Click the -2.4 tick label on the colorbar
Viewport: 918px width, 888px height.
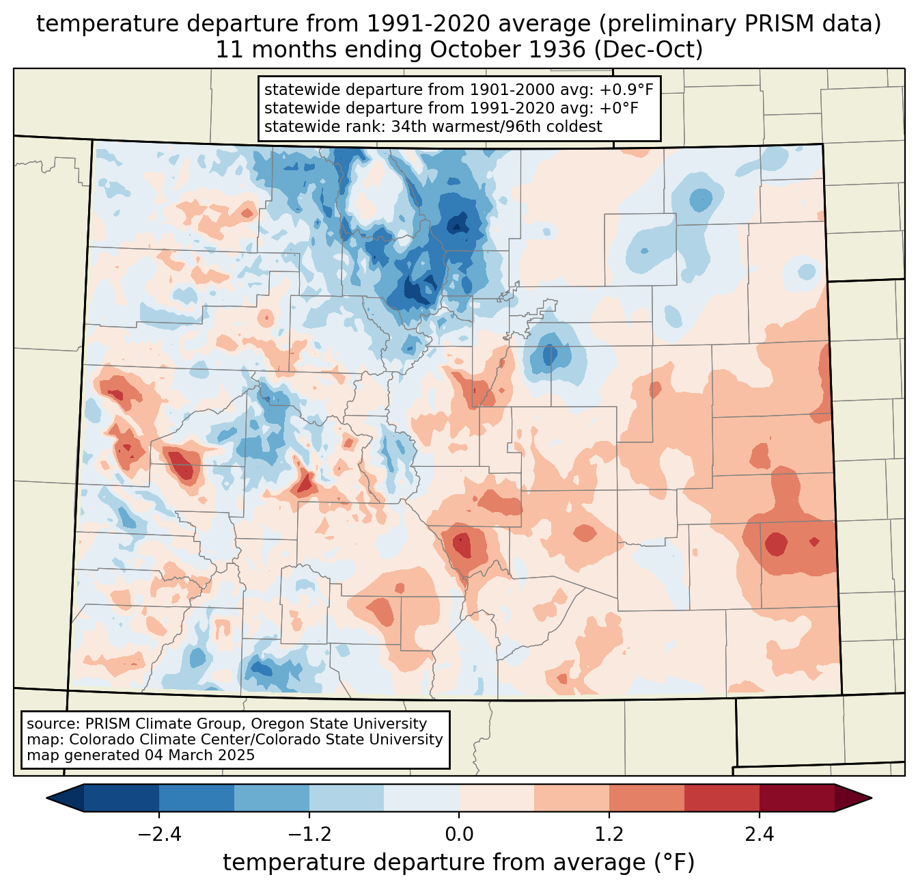click(x=159, y=835)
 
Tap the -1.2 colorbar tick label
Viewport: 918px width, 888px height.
click(x=309, y=835)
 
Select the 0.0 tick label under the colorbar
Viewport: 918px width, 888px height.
click(x=459, y=835)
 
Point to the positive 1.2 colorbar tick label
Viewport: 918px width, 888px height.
click(x=609, y=835)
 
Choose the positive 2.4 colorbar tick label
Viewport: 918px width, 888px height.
click(x=760, y=835)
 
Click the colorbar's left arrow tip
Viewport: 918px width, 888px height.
click(x=46, y=798)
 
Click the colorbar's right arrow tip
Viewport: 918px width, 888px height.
click(x=872, y=798)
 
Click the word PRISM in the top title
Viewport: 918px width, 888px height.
click(x=771, y=24)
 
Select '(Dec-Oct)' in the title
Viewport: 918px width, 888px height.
click(x=648, y=50)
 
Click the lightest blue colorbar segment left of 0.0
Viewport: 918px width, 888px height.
click(x=421, y=798)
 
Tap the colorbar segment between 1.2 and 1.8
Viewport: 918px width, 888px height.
click(x=646, y=798)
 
